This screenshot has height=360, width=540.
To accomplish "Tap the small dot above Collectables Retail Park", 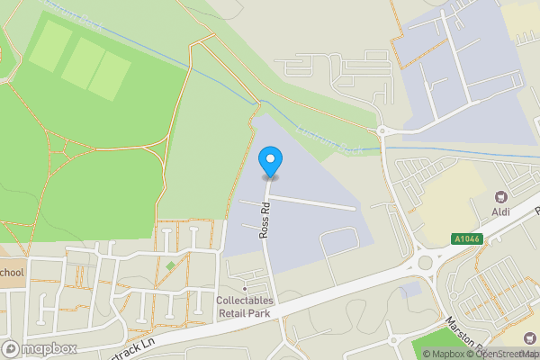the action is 245,289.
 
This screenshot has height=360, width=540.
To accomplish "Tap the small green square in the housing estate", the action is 170,265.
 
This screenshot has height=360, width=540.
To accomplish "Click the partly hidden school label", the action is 12,273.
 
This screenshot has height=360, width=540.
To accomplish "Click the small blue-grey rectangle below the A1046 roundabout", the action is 409,290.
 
